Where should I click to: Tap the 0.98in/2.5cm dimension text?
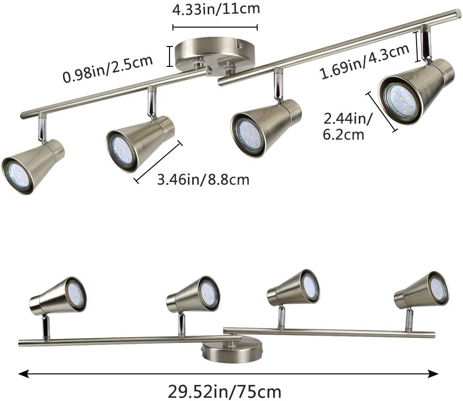coord(108,68)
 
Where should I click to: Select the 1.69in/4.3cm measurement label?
coord(365,62)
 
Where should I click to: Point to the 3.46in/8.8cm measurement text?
coord(203,180)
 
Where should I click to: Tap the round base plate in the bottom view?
coord(232,352)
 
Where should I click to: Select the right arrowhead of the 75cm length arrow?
coord(433,374)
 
